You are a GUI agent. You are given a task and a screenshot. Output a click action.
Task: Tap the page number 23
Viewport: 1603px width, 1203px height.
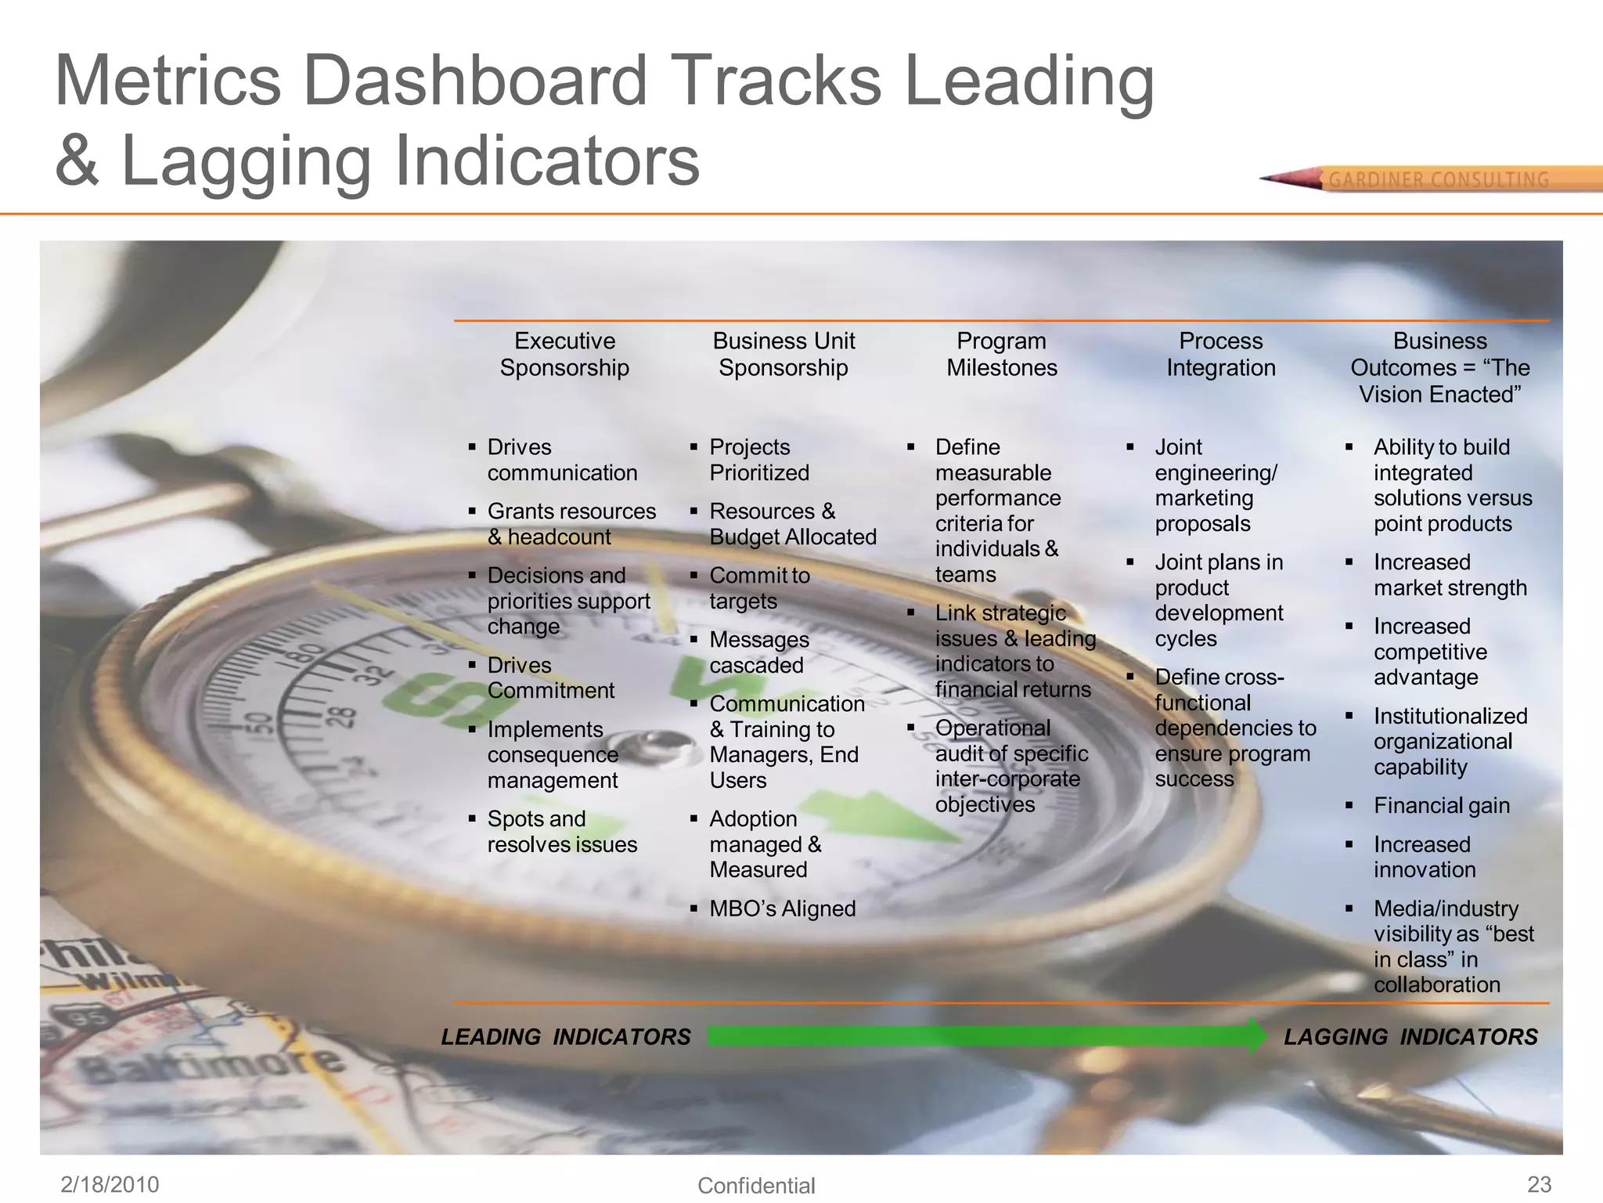click(1539, 1184)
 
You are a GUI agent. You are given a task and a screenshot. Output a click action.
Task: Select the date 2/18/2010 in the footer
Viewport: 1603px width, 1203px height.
click(110, 1184)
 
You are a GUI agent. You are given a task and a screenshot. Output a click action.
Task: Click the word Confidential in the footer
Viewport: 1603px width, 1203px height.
click(756, 1186)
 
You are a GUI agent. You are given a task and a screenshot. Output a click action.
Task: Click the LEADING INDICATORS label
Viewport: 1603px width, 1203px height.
click(566, 1037)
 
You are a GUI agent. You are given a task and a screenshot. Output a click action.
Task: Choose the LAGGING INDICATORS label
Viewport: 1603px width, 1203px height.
click(1410, 1037)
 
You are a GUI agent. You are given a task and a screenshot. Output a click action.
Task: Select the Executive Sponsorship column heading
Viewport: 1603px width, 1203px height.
click(564, 354)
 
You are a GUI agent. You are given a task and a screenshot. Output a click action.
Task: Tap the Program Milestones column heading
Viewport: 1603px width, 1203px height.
click(1002, 354)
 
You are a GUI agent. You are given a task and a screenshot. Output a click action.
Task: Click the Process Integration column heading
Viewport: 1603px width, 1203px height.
click(1221, 354)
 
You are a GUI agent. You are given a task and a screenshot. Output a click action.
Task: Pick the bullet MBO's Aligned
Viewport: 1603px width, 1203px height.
click(782, 909)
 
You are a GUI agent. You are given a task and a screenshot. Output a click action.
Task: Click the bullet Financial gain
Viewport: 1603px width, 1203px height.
click(1441, 805)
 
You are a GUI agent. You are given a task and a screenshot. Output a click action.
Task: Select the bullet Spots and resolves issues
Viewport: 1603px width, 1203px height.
click(562, 831)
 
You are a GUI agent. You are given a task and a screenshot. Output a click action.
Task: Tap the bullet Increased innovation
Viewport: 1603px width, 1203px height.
click(1424, 857)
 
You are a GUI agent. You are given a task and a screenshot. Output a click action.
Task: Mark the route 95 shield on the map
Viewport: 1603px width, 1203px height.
click(84, 1018)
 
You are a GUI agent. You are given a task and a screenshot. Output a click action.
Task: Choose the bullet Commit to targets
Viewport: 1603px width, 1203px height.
click(758, 588)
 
